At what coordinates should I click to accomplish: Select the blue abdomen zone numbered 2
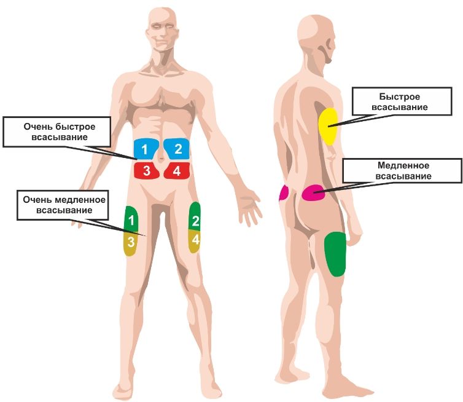click(x=177, y=148)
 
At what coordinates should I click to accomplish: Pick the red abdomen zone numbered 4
click(x=177, y=170)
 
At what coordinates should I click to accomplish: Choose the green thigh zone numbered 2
click(x=195, y=218)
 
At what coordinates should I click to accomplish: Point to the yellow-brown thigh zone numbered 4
click(x=195, y=240)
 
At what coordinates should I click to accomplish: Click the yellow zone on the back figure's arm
click(x=328, y=126)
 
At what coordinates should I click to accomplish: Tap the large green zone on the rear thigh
click(x=335, y=253)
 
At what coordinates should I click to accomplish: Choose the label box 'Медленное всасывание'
click(x=403, y=171)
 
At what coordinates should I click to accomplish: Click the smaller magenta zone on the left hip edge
click(x=284, y=192)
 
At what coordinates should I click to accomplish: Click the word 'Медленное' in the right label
click(x=403, y=165)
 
